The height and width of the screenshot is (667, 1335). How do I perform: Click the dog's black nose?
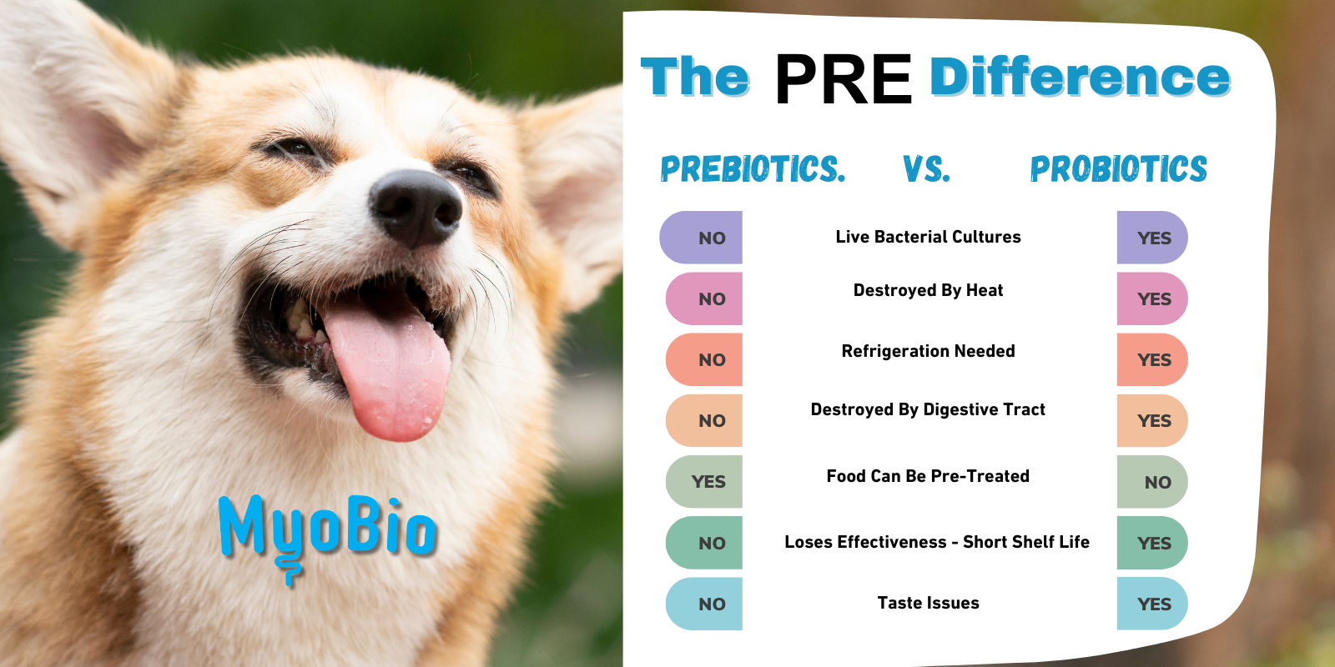[x=416, y=207]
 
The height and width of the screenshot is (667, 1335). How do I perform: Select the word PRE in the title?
[x=844, y=78]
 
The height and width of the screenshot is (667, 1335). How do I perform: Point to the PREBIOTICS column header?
[x=753, y=169]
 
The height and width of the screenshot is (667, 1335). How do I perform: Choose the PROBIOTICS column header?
[x=1119, y=169]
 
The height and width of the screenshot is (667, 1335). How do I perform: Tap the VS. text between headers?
[x=926, y=169]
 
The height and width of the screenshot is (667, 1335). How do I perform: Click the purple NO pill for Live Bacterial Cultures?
[x=701, y=238]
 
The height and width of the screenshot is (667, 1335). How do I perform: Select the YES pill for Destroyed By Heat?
[x=1152, y=298]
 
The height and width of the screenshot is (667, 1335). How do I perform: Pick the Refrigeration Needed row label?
[x=928, y=351]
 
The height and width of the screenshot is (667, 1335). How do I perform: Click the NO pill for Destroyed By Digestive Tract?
[x=704, y=420]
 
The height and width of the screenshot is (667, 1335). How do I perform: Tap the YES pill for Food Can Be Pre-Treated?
[x=704, y=481]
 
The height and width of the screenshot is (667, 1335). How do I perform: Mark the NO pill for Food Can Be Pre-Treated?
[x=1152, y=482]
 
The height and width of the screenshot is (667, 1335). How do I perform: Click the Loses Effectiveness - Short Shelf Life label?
[x=937, y=542]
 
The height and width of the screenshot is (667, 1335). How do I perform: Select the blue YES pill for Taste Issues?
[x=1152, y=604]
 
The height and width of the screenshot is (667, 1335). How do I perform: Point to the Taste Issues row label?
[x=928, y=603]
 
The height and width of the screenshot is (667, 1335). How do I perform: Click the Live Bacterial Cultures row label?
[x=928, y=237]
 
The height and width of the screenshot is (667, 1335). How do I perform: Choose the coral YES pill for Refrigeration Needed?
[x=1152, y=359]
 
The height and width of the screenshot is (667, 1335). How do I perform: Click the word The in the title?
[x=695, y=76]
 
